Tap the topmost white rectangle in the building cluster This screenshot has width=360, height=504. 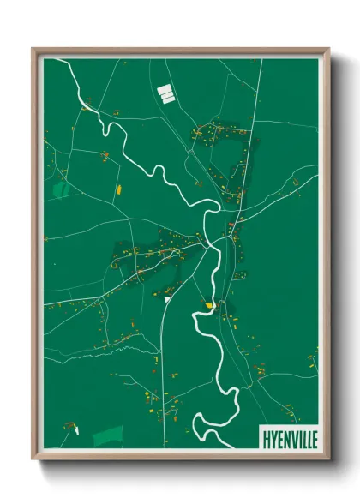(x=165, y=87)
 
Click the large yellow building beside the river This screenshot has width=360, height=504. (x=207, y=303)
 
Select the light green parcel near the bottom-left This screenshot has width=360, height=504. (x=108, y=435)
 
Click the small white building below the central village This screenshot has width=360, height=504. (x=166, y=300)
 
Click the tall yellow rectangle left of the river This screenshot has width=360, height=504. (x=118, y=185)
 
